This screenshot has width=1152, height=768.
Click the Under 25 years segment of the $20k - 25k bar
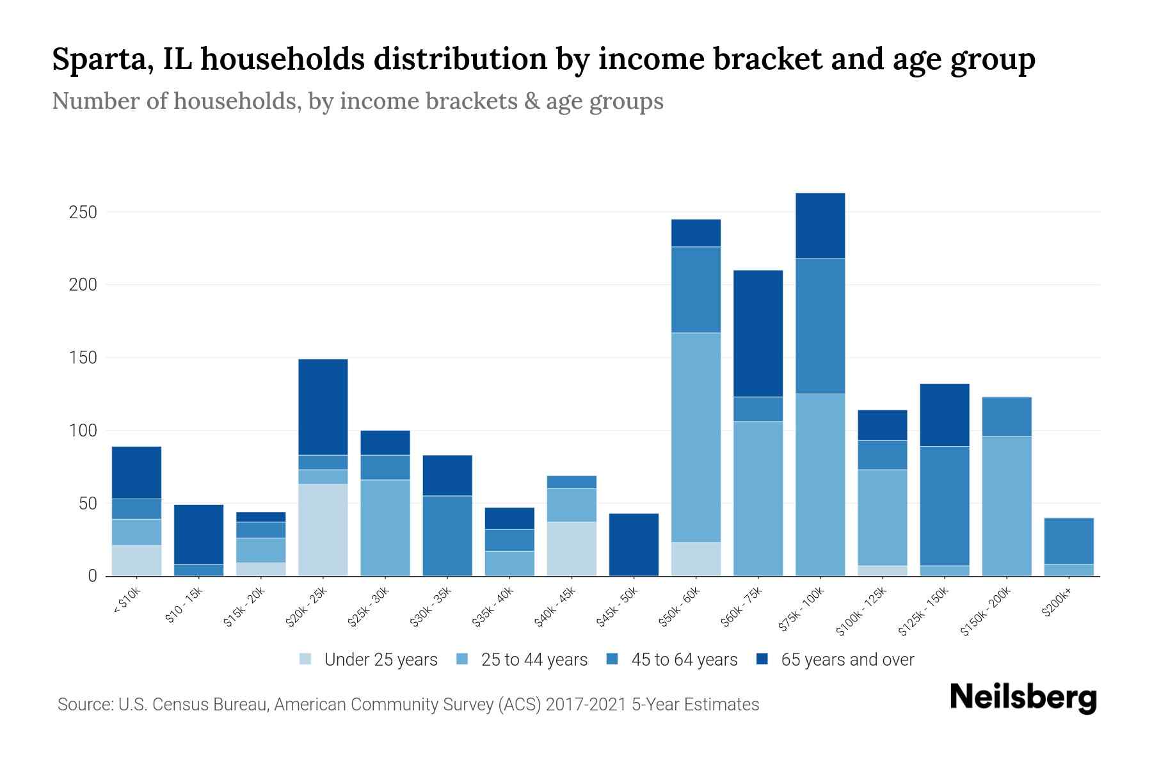pyautogui.click(x=323, y=530)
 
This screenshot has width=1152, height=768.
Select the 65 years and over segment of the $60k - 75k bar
pyautogui.click(x=758, y=333)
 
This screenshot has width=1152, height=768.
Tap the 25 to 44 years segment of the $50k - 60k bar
pyautogui.click(x=696, y=437)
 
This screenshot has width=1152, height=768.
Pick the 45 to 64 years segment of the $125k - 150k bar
pyautogui.click(x=945, y=506)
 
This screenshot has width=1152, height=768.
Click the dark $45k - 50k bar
pyautogui.click(x=634, y=545)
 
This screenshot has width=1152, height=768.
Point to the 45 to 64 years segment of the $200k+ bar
pyautogui.click(x=1069, y=541)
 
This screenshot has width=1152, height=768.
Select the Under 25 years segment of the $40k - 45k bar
pyautogui.click(x=572, y=548)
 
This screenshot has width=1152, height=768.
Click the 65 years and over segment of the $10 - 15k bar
pyautogui.click(x=199, y=534)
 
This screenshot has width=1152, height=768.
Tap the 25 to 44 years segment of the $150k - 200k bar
pyautogui.click(x=1007, y=506)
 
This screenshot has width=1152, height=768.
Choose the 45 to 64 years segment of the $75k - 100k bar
pyautogui.click(x=820, y=326)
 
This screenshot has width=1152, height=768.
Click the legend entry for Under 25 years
pyautogui.click(x=369, y=660)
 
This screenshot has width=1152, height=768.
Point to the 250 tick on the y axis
pyautogui.click(x=83, y=212)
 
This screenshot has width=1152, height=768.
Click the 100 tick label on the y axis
pyautogui.click(x=83, y=431)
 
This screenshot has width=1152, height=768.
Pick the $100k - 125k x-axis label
pyautogui.click(x=861, y=611)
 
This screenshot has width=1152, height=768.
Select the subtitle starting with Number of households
pyautogui.click(x=357, y=101)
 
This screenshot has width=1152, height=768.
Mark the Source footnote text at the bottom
pyautogui.click(x=408, y=705)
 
